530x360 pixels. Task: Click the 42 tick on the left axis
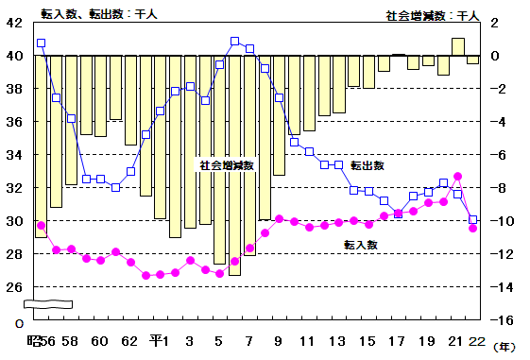pyautogui.click(x=15, y=23)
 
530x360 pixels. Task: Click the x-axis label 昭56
pyautogui.click(x=42, y=340)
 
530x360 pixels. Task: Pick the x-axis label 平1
pyautogui.click(x=159, y=340)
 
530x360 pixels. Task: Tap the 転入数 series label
pyautogui.click(x=360, y=244)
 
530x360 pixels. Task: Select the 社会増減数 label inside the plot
pyautogui.click(x=226, y=164)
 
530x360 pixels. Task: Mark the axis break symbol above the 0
pyautogui.click(x=47, y=304)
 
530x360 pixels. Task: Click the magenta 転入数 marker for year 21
pyautogui.click(x=457, y=176)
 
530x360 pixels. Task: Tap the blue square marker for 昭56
pyautogui.click(x=41, y=43)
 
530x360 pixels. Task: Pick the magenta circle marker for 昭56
pyautogui.click(x=41, y=226)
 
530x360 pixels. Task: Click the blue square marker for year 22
pyautogui.click(x=472, y=219)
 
